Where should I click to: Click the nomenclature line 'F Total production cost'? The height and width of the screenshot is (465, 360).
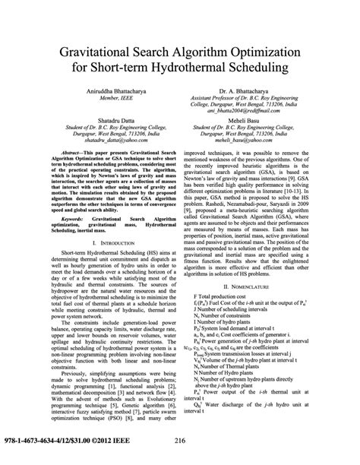pyautogui.click(x=227, y=253)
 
